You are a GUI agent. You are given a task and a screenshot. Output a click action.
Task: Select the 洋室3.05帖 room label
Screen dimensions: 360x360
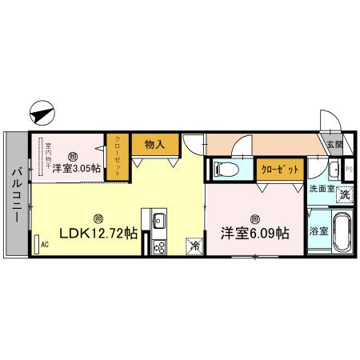coord(78,168)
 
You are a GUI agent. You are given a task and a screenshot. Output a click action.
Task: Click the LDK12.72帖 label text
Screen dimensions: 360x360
coord(97,234)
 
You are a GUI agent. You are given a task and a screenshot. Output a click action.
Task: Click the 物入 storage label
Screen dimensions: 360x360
coord(154,144)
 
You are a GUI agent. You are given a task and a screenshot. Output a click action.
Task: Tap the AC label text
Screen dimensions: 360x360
coord(45,244)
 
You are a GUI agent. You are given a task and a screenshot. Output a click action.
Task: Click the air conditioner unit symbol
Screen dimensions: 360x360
coord(37,243)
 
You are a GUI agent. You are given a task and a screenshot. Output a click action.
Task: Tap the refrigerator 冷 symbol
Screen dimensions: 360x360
coord(194,246)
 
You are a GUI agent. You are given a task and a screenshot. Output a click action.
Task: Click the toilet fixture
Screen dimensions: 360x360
coord(225,169)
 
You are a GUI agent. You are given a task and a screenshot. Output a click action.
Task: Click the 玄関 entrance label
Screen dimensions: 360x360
coord(334,145)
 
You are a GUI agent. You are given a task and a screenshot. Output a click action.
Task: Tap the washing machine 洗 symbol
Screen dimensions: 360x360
coord(344,194)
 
